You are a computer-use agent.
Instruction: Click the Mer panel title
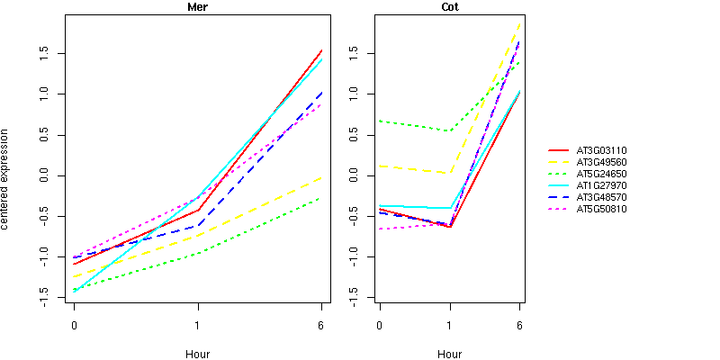(x=197, y=7)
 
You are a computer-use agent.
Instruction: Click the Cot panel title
(x=449, y=7)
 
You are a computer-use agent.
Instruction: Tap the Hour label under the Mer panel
(x=197, y=354)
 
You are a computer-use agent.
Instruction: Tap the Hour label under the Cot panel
(x=449, y=354)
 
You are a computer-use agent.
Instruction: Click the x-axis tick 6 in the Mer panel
(x=321, y=325)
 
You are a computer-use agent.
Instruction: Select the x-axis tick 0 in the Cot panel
(x=380, y=325)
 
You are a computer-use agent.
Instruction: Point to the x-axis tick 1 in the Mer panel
(x=197, y=325)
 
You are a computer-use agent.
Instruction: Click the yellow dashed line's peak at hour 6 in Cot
(x=519, y=23)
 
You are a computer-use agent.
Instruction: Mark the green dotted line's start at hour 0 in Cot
(x=380, y=121)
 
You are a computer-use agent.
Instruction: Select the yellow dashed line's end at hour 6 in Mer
(x=321, y=177)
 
